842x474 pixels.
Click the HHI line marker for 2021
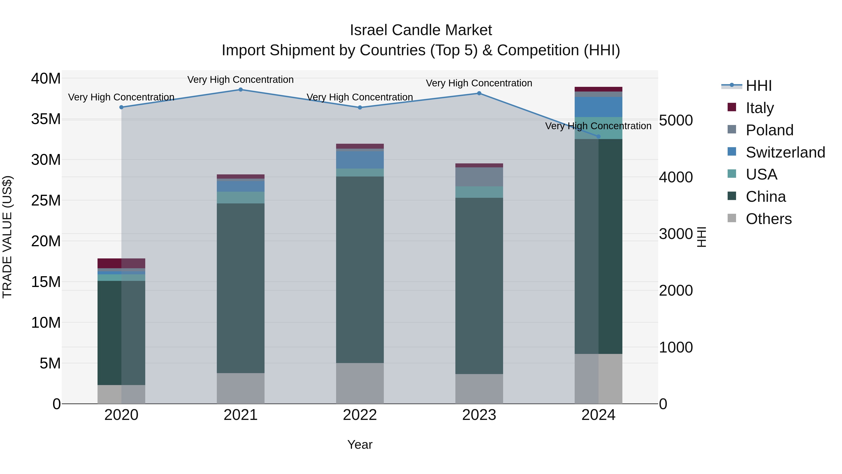[241, 90]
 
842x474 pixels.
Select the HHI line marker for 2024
[599, 136]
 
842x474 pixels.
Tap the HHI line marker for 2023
[479, 93]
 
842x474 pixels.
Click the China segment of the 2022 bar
[360, 270]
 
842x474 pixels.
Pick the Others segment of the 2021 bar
[241, 388]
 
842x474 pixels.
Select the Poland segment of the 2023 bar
[479, 177]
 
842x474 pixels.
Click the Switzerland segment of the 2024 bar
[599, 107]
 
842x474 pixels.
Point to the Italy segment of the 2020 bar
[121, 263]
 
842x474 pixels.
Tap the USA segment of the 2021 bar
[241, 198]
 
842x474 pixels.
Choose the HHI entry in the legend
[758, 86]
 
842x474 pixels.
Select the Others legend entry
[768, 219]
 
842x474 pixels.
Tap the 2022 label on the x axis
[360, 415]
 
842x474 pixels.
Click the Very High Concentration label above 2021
[241, 80]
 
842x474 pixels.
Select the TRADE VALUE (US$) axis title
[7, 237]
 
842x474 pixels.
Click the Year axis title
[360, 445]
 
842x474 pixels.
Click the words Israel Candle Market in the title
[421, 30]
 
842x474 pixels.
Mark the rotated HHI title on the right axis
[702, 237]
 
